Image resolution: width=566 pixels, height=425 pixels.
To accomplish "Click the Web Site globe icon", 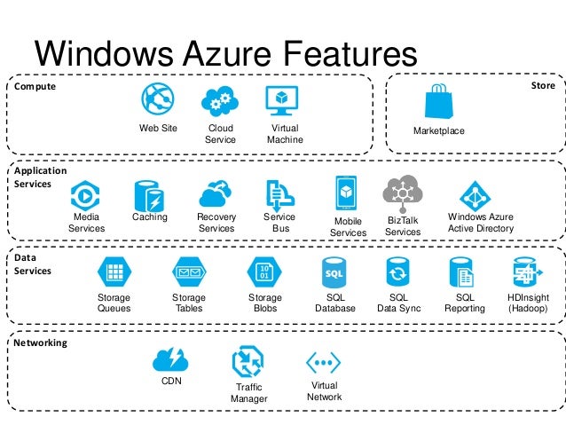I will tap(158, 99).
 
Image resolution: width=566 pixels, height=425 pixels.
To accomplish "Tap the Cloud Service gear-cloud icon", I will tap(219, 101).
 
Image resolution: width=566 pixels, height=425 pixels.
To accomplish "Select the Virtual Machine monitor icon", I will tap(284, 100).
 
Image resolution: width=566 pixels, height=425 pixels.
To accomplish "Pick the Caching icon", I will tap(148, 193).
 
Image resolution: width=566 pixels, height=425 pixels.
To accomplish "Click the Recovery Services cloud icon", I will tap(216, 193).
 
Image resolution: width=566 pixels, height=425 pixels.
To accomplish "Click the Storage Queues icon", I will tap(114, 272).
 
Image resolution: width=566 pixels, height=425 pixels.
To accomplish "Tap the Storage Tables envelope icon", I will tap(188, 272).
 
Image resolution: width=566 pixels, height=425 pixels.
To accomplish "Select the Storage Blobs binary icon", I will tap(264, 272).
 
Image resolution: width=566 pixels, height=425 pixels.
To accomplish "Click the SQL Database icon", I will tap(334, 272).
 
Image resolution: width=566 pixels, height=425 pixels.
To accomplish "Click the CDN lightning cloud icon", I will tap(169, 359).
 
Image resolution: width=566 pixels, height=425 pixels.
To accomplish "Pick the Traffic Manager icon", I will tap(248, 362).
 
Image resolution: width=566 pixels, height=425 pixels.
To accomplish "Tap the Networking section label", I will tap(41, 342).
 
